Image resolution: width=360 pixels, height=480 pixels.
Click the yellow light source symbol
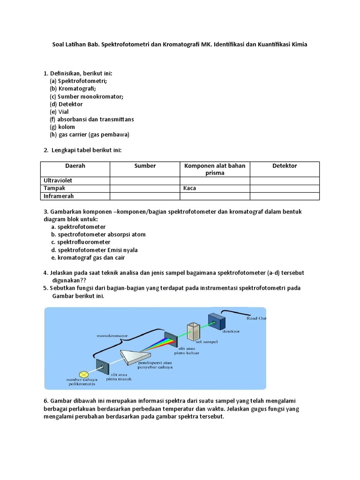(x=83, y=374)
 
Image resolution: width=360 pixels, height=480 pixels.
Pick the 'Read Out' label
(x=256, y=318)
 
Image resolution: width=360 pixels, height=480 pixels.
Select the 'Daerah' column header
(x=75, y=166)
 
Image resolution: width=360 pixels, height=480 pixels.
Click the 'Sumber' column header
(x=145, y=166)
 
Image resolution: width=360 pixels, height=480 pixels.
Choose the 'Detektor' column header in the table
(x=285, y=166)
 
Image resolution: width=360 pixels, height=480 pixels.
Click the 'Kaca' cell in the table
(x=190, y=188)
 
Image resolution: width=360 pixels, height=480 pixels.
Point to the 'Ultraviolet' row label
(x=58, y=180)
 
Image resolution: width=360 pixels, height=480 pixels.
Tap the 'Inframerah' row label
(x=59, y=196)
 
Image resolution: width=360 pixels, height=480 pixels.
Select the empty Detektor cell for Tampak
(x=285, y=188)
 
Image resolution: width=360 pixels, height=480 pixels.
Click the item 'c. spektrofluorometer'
(x=81, y=242)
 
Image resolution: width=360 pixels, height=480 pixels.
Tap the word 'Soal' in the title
(x=58, y=45)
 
